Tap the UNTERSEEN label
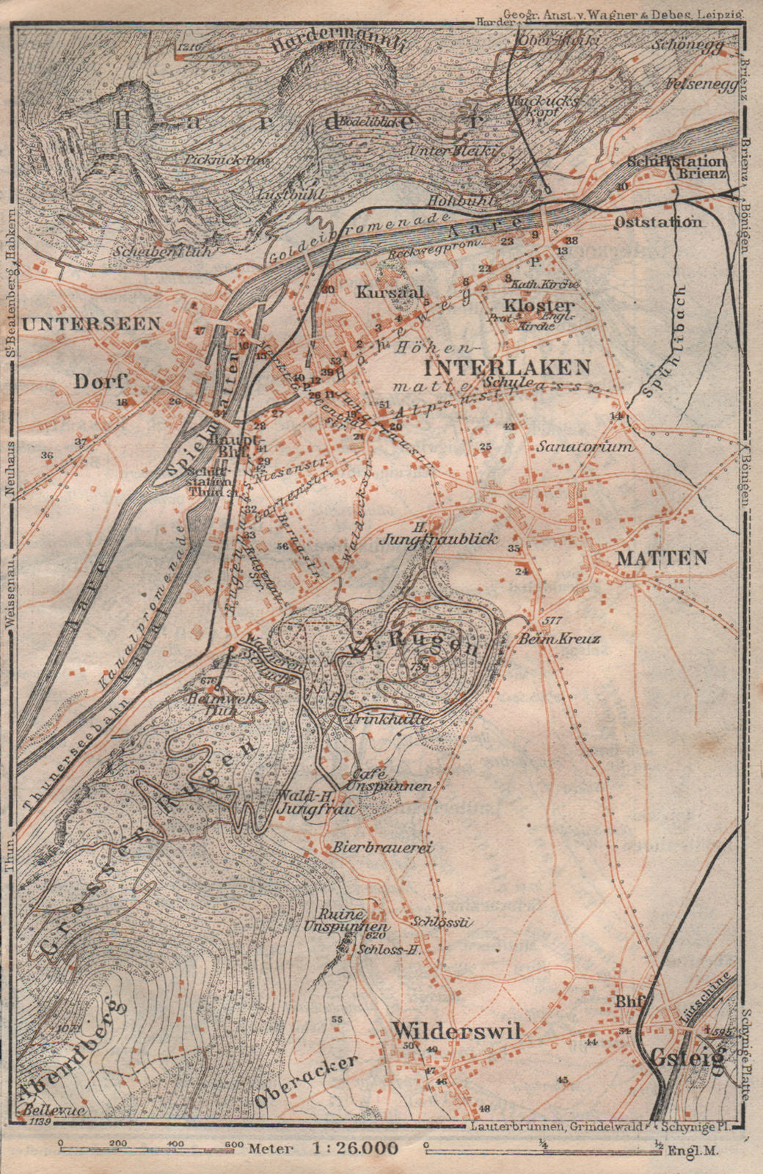(x=90, y=323)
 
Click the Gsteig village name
(x=687, y=1057)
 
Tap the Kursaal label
(x=380, y=291)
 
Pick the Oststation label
(x=658, y=222)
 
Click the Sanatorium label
(x=583, y=445)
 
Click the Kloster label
(x=548, y=305)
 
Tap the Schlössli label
(x=439, y=922)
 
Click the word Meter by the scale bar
(x=268, y=1148)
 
